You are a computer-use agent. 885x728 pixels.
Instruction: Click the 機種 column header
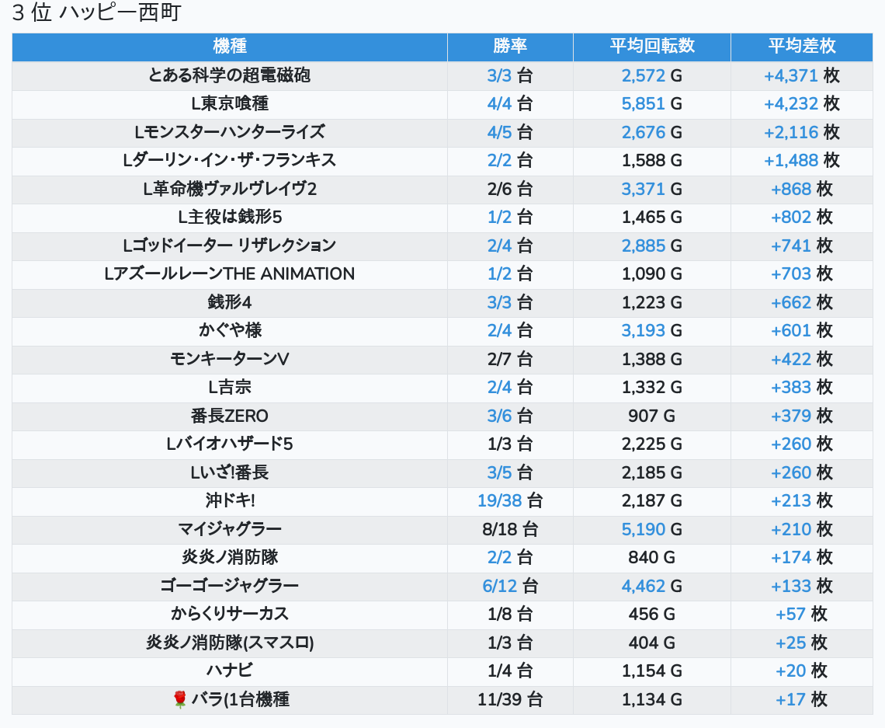coord(230,46)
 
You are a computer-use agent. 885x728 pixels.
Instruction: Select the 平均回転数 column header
coord(651,46)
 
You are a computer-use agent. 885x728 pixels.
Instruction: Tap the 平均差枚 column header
coord(801,46)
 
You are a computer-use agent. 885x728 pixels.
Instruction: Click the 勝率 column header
coord(510,46)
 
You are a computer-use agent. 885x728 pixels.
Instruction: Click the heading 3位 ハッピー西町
coord(96,14)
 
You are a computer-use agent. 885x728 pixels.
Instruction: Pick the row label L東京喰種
coord(230,103)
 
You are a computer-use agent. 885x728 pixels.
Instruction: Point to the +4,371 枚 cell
coord(801,75)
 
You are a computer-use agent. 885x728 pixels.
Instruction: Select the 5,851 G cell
coord(651,103)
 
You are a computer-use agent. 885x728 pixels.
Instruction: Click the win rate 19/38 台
coord(510,500)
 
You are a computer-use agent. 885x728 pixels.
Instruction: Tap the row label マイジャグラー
coord(230,529)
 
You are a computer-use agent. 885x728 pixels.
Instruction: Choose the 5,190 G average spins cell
coord(651,529)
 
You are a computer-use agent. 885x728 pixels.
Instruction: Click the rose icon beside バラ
coord(180,700)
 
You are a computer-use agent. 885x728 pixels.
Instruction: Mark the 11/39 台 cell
coord(510,699)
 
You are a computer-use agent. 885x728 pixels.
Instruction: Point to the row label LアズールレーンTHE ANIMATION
coord(230,273)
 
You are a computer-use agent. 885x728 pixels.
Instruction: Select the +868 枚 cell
coord(801,189)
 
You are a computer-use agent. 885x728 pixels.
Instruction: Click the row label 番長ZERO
coord(230,416)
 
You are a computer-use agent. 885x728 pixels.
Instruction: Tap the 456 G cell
coord(651,614)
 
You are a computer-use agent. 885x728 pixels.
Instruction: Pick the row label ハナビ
coord(230,671)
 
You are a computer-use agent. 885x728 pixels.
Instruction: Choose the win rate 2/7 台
coord(510,359)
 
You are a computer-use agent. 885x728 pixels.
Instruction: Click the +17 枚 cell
coord(801,699)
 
